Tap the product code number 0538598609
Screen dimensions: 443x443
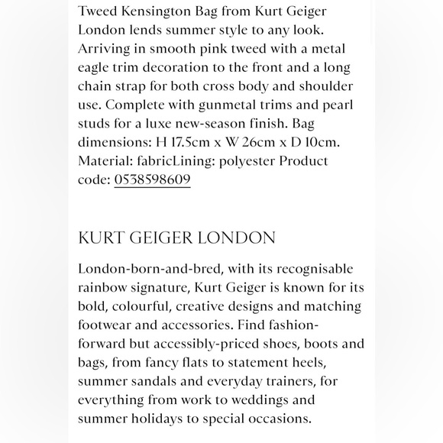152,179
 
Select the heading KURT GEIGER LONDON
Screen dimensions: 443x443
176,238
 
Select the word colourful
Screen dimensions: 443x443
210,306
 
